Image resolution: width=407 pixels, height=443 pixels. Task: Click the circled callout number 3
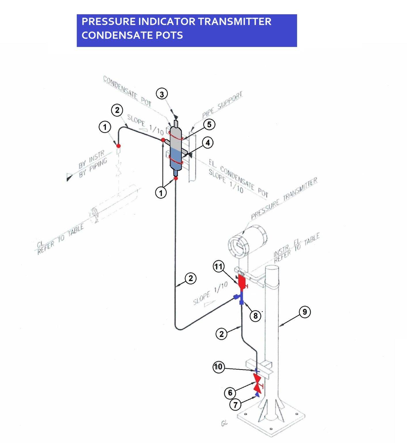162,94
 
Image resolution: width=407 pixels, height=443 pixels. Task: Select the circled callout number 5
209,124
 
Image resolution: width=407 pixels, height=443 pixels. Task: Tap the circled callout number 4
208,142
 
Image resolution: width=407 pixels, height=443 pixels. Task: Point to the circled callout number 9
305,312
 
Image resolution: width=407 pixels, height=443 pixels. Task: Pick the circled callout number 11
219,266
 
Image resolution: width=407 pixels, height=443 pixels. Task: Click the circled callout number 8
255,316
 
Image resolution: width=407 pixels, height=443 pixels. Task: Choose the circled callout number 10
218,367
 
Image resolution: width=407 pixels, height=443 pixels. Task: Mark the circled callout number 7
235,405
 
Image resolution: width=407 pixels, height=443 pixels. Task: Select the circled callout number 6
230,393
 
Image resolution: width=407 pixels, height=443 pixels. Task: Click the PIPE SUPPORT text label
222,106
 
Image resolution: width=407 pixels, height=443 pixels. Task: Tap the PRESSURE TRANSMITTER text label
284,198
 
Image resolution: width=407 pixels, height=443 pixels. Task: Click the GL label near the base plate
224,423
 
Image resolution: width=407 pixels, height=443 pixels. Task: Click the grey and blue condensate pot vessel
176,150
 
